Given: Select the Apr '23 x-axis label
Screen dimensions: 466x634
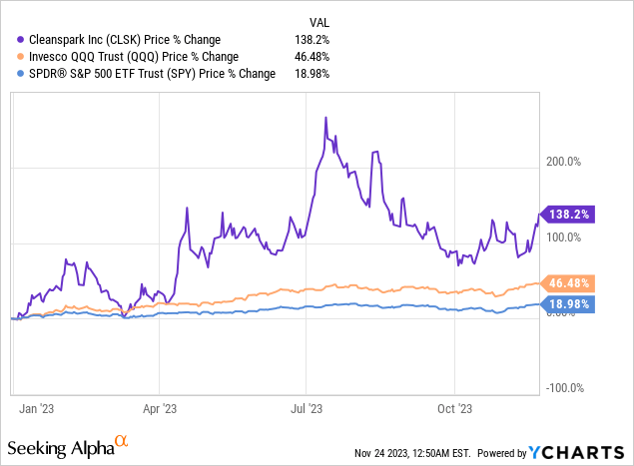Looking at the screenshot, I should (x=160, y=407).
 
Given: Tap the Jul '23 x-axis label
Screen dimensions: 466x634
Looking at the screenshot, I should (x=307, y=407).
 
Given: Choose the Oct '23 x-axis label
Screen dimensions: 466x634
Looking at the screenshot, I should (x=454, y=407).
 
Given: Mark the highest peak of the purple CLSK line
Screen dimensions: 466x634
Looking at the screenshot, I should (x=326, y=118).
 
